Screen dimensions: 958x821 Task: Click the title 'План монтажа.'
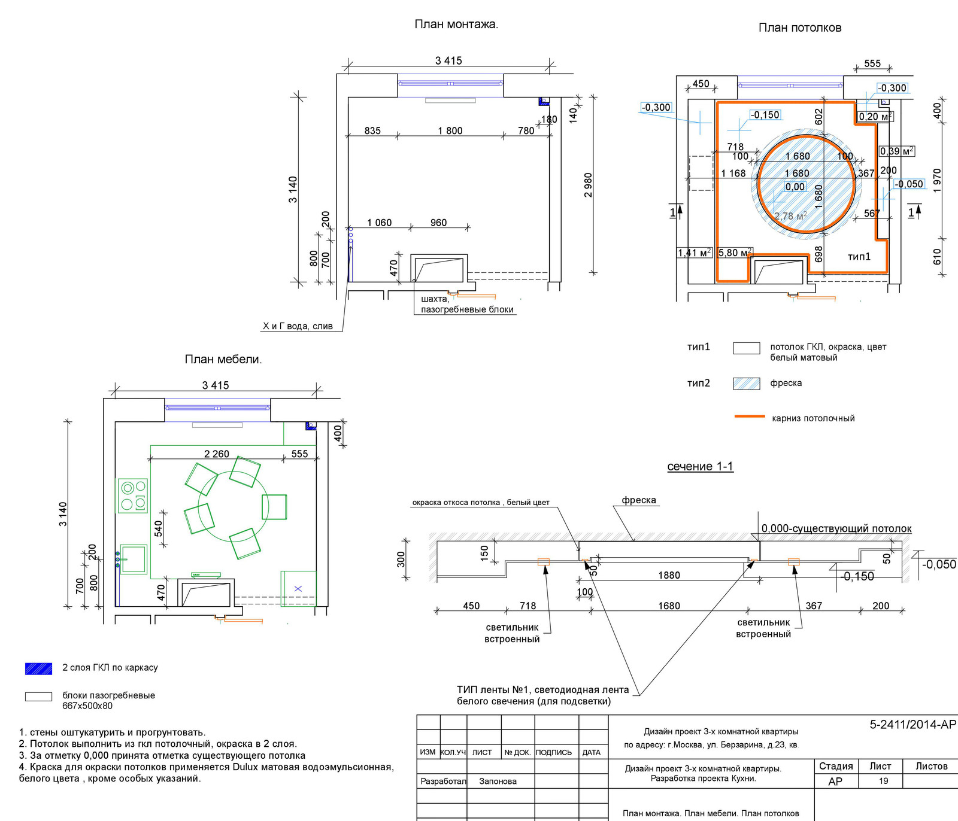456,25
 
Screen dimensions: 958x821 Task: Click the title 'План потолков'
800,28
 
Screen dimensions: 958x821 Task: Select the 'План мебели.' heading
223,360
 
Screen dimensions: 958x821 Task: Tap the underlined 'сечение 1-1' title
700,467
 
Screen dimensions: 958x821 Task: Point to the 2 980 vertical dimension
588,186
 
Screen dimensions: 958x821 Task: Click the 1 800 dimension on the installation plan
450,131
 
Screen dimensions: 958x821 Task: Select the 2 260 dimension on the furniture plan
217,454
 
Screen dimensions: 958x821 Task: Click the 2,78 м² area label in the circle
790,216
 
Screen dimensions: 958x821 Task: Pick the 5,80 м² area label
735,253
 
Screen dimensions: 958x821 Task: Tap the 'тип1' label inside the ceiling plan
859,257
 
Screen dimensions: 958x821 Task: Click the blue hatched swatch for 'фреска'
747,384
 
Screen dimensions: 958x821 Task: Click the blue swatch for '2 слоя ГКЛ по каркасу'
39,668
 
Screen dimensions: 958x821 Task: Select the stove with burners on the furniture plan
132,495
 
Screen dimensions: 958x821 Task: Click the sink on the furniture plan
133,560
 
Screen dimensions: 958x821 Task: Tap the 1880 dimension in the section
669,575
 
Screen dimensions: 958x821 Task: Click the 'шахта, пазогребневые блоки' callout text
467,304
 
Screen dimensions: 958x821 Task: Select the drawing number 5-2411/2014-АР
913,725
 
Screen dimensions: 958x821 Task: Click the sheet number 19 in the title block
884,781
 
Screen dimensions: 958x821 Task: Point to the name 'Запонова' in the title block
498,781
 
